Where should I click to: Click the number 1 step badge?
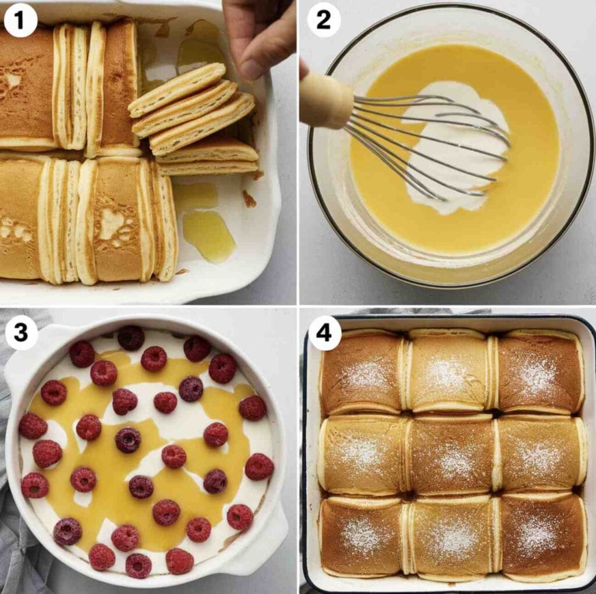point(20,20)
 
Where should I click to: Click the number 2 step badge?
point(323,20)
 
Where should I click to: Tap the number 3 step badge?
point(21,333)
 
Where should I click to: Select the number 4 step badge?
point(324,333)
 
